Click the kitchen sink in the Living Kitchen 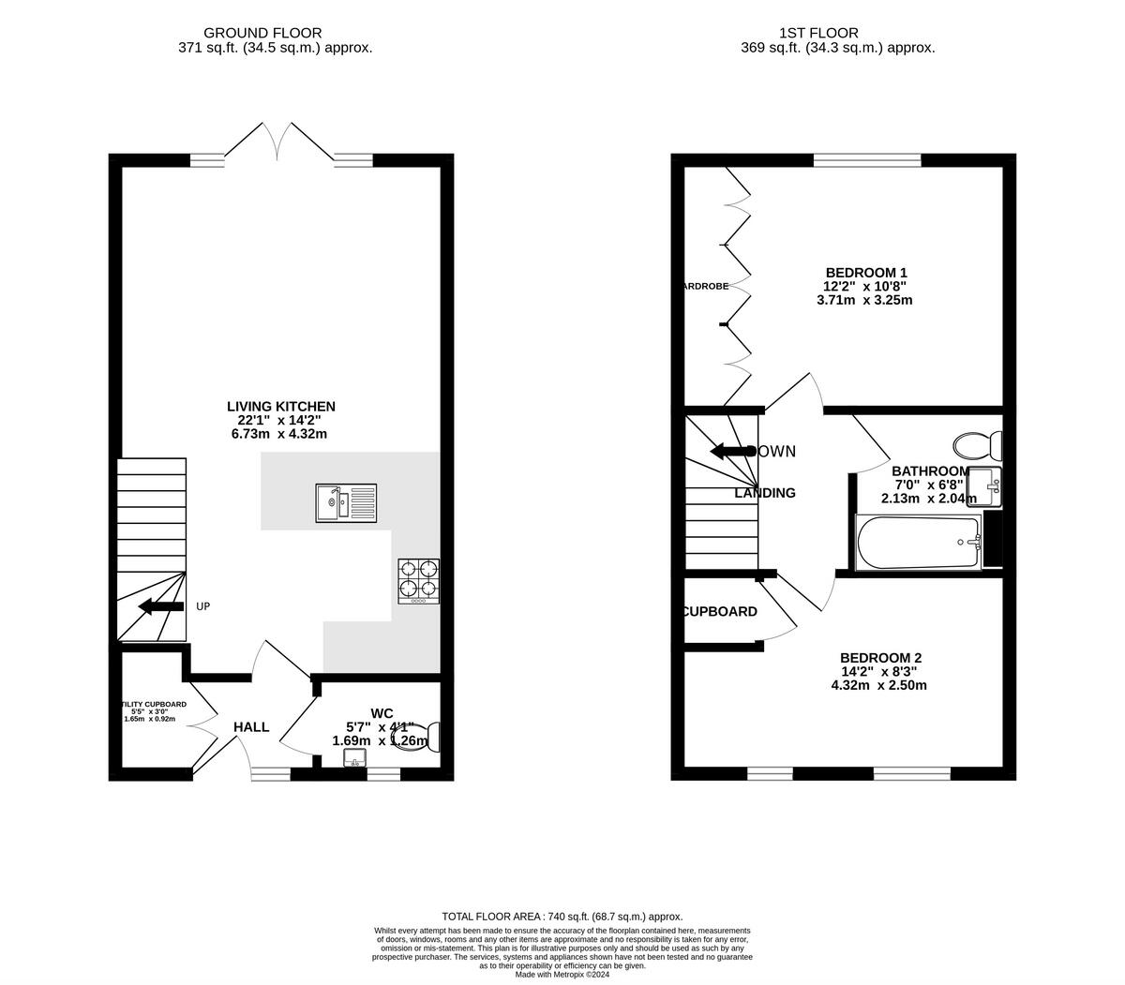[x=346, y=502]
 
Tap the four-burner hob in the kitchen [x=419, y=580]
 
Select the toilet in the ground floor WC [x=415, y=737]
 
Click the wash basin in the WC [x=355, y=757]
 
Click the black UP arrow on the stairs [x=160, y=607]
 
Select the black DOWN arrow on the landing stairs [x=732, y=451]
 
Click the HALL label [x=251, y=727]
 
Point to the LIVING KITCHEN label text [x=280, y=406]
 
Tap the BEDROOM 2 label [x=880, y=658]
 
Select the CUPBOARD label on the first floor [x=720, y=612]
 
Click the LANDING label [x=765, y=493]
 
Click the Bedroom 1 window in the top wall [x=867, y=160]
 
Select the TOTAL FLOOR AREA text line [x=562, y=917]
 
